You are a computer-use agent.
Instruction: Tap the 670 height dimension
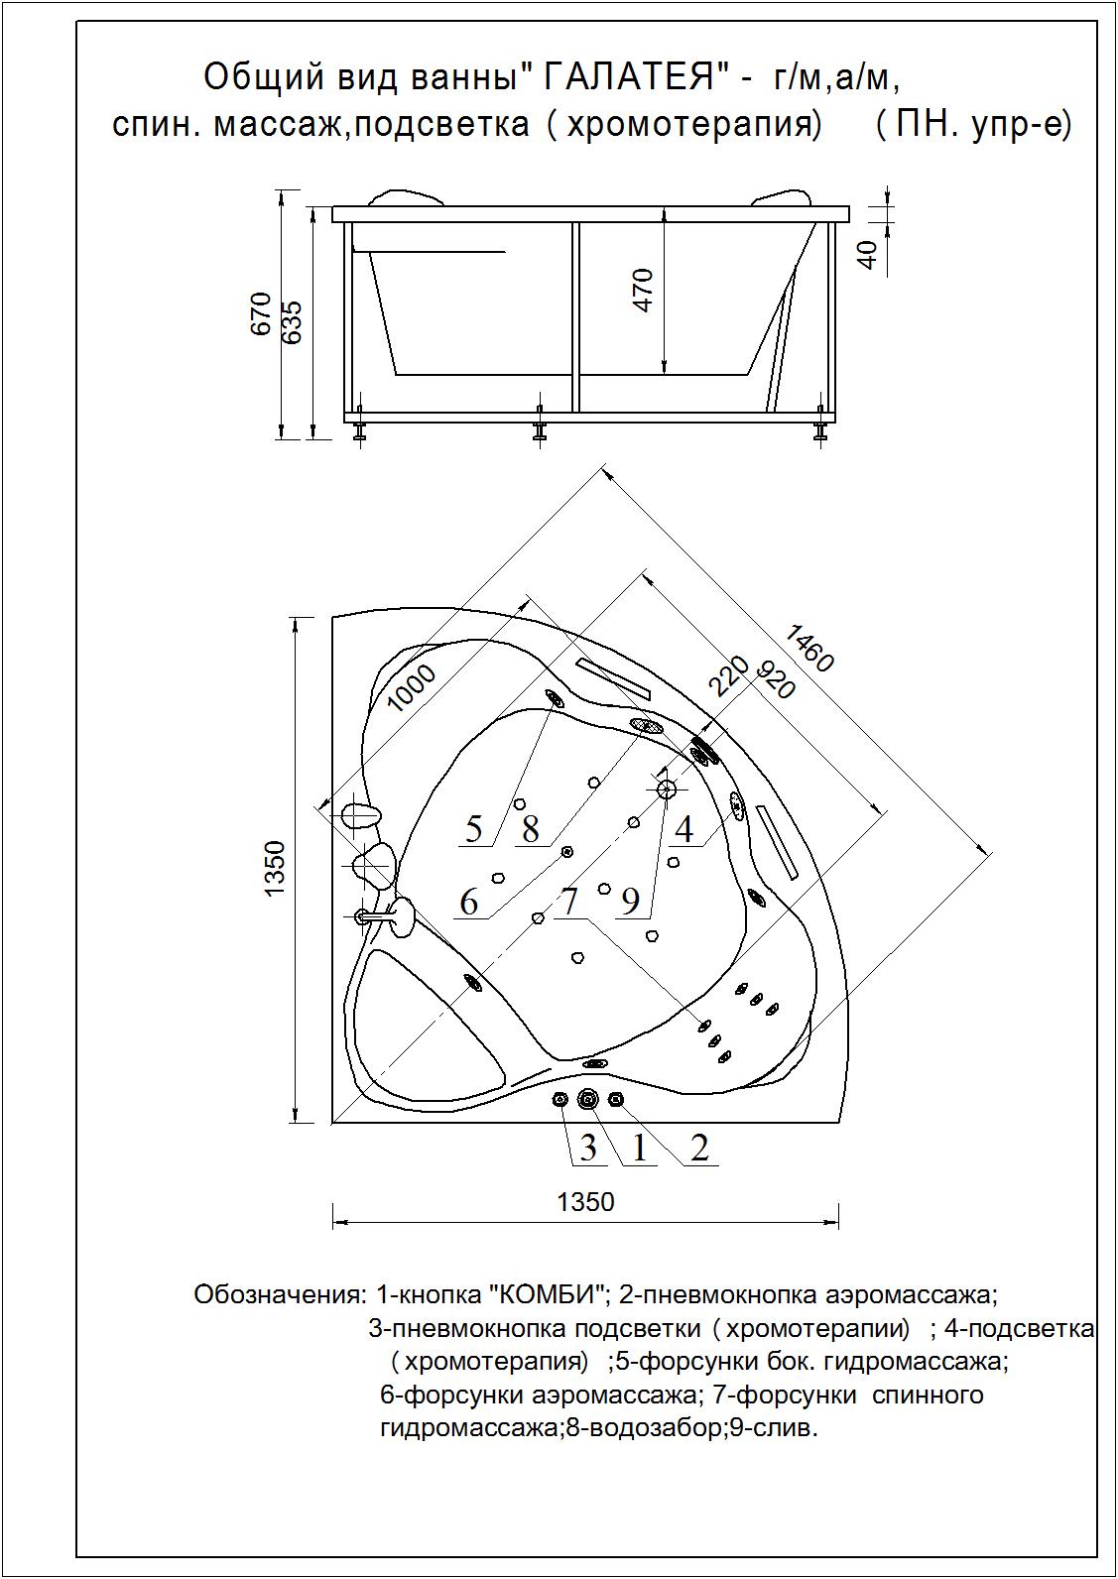click(x=262, y=313)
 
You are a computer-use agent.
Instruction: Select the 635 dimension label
click(x=293, y=321)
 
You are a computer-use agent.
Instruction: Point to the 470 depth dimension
click(x=644, y=290)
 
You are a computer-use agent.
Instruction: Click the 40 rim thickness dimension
click(x=868, y=255)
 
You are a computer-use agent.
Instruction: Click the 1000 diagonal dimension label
click(x=411, y=687)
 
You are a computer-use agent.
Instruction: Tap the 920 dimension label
click(x=776, y=679)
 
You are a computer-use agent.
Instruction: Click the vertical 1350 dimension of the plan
click(x=276, y=869)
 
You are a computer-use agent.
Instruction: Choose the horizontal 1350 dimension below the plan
click(x=585, y=1202)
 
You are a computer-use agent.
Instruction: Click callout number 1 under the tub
click(x=639, y=1148)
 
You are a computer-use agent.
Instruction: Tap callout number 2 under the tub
click(x=699, y=1148)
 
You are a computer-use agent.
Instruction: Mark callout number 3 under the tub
click(x=588, y=1148)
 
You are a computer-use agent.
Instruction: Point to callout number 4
click(x=684, y=827)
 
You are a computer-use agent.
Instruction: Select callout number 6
click(x=469, y=902)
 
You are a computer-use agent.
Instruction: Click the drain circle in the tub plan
click(x=666, y=789)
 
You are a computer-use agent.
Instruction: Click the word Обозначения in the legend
click(x=280, y=1294)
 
